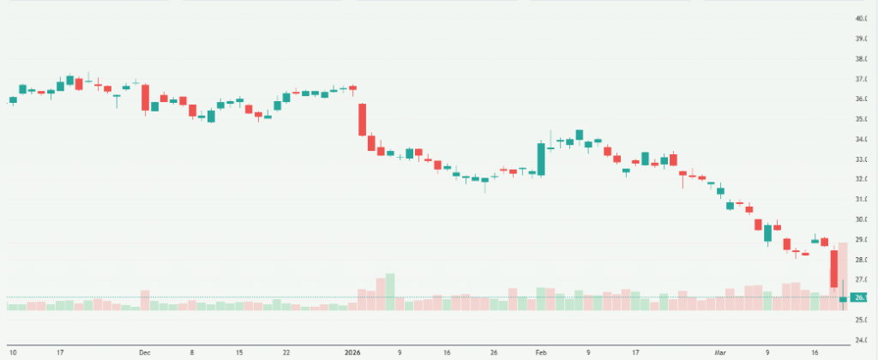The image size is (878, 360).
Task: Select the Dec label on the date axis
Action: click(144, 351)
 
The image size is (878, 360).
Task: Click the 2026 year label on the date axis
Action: click(352, 351)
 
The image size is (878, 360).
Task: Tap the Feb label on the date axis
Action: click(540, 351)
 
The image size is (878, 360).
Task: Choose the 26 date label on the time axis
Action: click(494, 351)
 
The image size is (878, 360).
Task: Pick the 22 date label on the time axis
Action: click(286, 351)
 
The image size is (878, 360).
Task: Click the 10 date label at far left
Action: click(13, 351)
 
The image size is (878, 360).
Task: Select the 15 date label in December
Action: click(239, 351)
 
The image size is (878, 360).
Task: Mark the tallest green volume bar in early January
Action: click(390, 291)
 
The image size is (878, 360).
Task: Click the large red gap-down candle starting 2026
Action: click(363, 120)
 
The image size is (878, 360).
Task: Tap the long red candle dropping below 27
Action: click(833, 268)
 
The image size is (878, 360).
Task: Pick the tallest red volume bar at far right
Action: click(843, 275)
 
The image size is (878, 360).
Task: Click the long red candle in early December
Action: click(145, 98)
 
